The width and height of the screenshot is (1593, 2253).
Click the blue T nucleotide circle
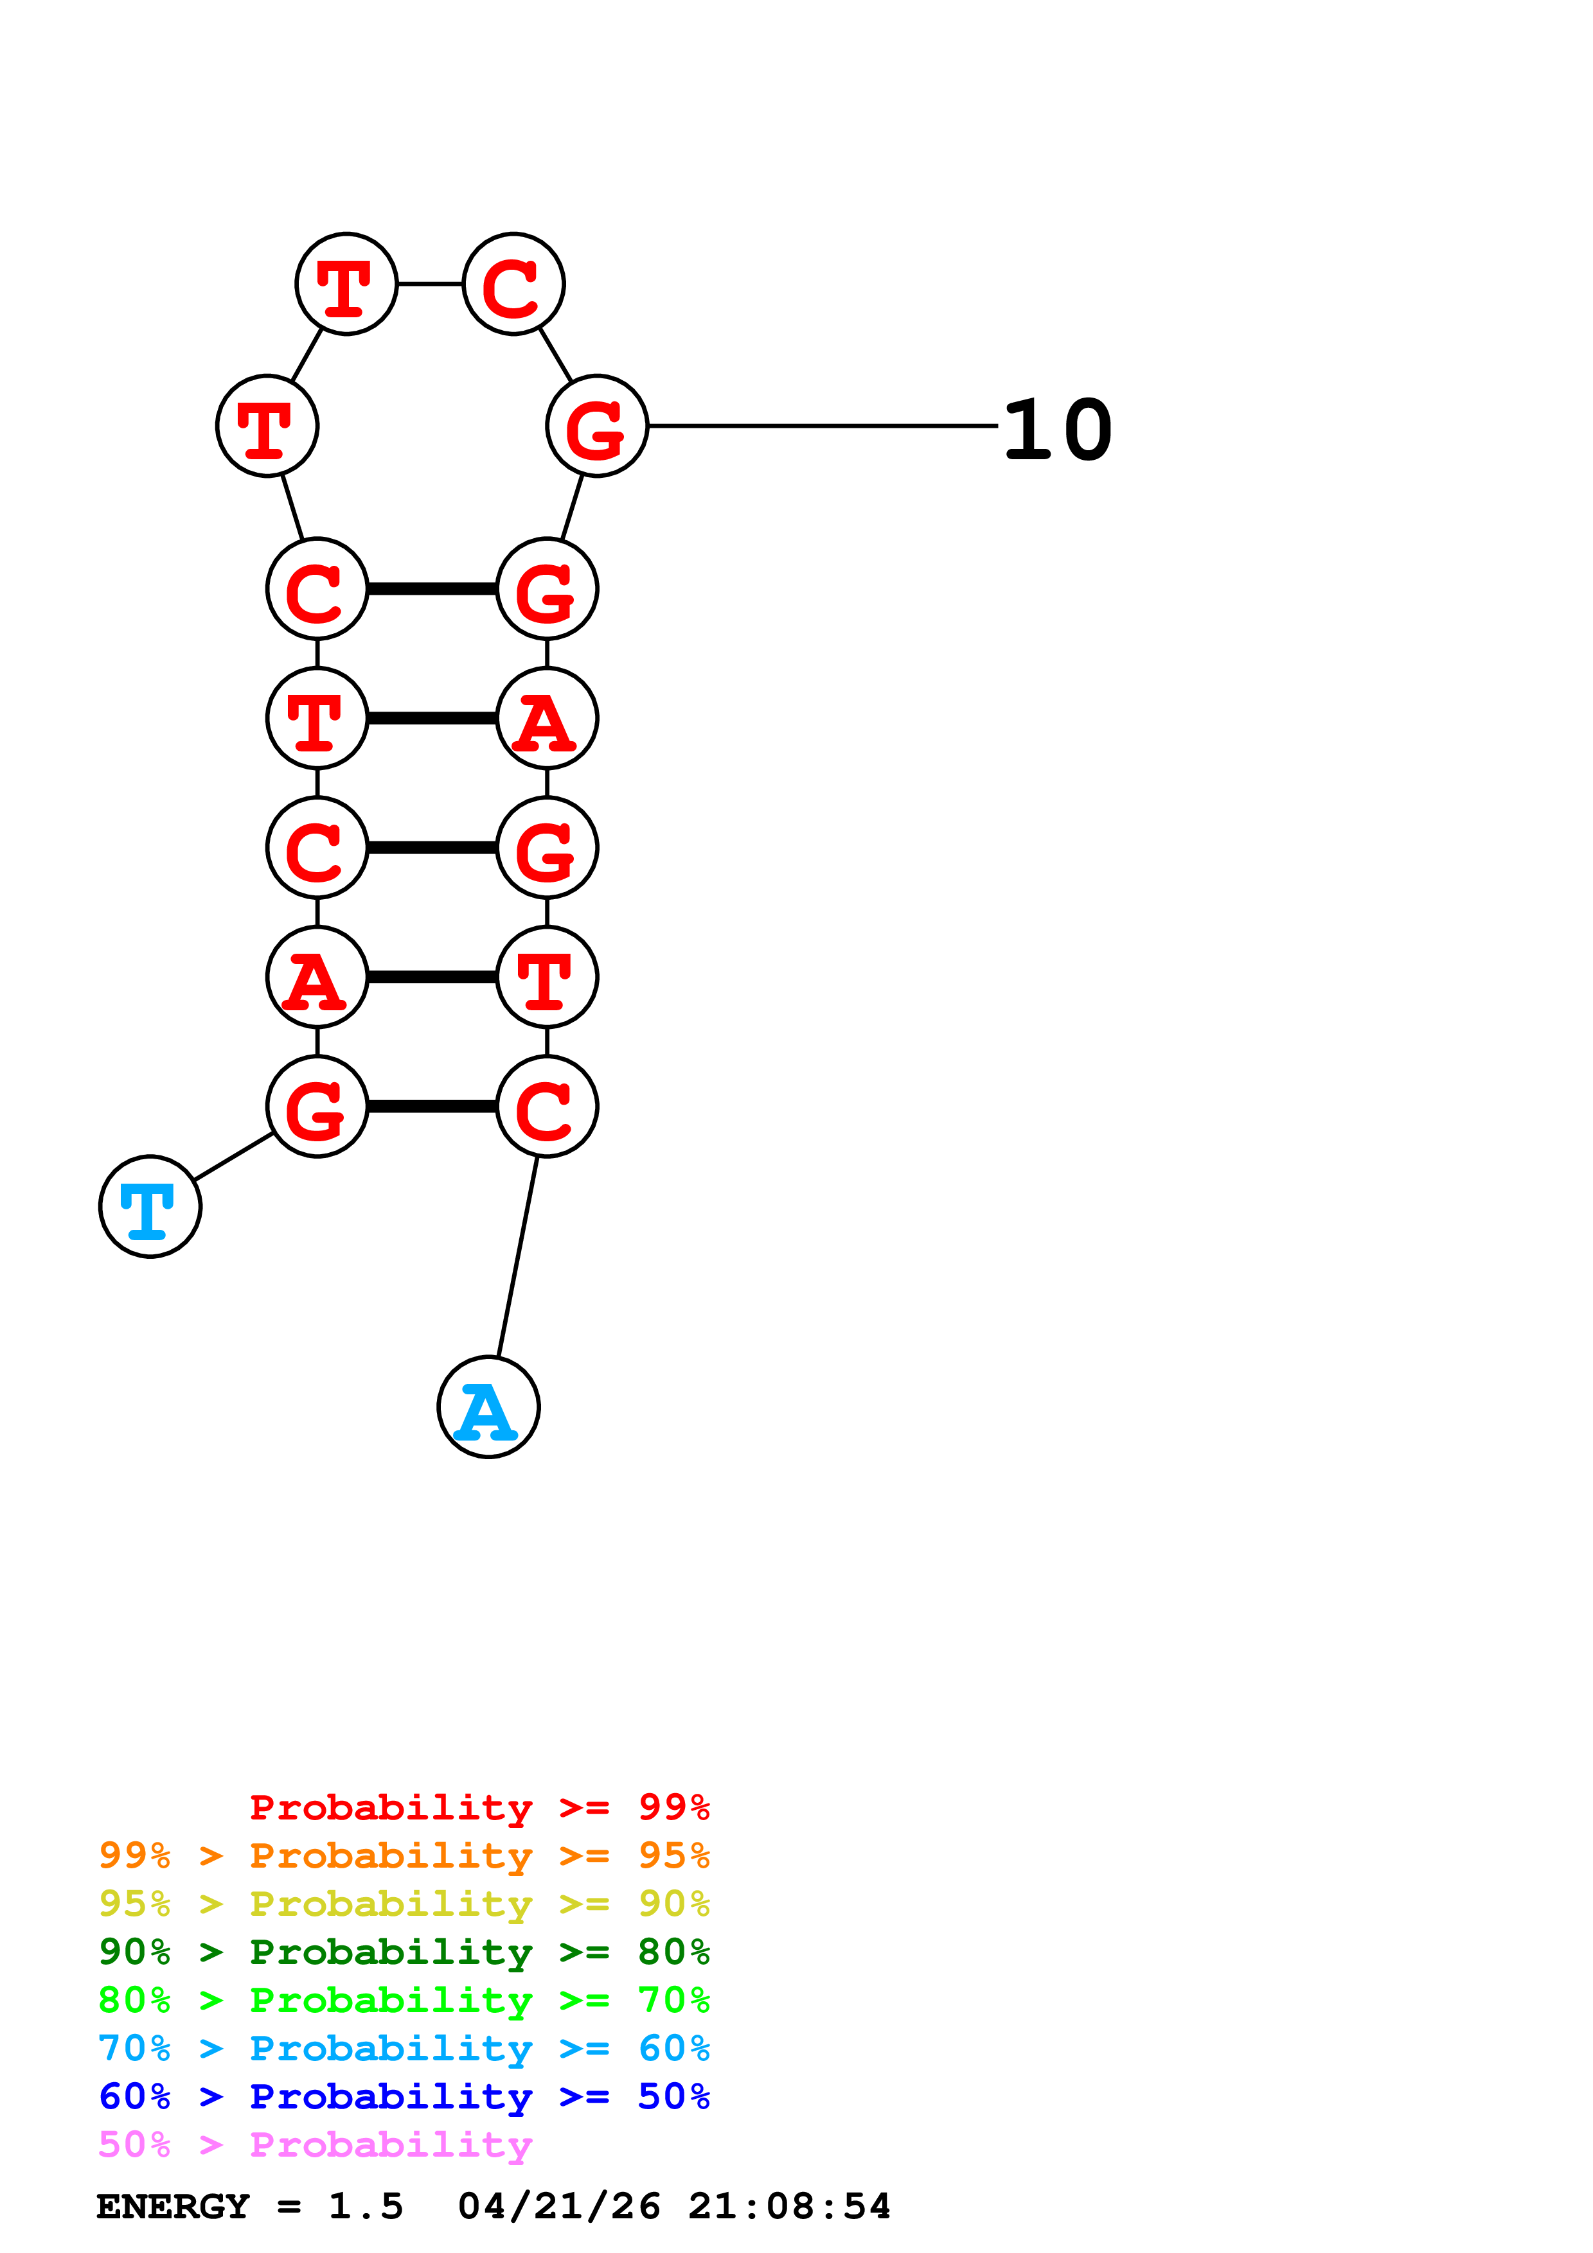[150, 1206]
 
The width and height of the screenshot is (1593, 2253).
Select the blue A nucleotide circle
[488, 1407]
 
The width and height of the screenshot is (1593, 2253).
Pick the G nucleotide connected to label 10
[597, 426]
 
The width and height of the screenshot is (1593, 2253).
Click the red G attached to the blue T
[317, 1106]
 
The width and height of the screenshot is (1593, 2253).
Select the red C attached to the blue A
[547, 1106]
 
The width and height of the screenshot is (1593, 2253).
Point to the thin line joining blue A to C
[518, 1256]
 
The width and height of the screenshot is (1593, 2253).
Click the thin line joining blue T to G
[234, 1156]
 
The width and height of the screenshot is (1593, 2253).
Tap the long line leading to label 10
[823, 426]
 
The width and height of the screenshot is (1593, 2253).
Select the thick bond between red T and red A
[432, 718]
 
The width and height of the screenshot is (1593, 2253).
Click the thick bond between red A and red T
[432, 976]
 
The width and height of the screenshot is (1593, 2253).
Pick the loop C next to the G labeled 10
[513, 284]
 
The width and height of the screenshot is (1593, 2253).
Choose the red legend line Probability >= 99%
[479, 1807]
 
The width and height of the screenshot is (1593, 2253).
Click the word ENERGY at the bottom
[173, 2207]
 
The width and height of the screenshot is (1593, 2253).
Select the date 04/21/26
[558, 2207]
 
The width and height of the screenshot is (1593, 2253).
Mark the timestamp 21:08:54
[789, 2207]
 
